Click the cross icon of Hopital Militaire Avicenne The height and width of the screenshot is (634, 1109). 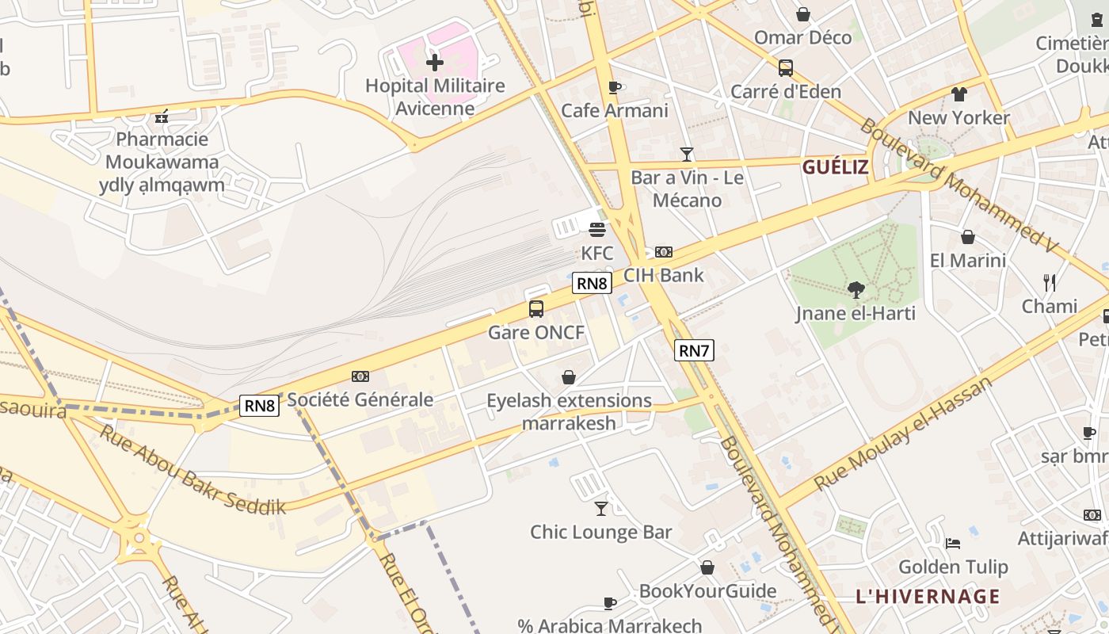[x=434, y=63]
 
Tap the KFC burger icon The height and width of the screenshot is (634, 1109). [x=597, y=230]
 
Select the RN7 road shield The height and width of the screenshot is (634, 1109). [x=694, y=350]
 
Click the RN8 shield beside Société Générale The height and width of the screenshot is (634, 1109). [x=260, y=406]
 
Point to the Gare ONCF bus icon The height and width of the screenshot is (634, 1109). [x=536, y=309]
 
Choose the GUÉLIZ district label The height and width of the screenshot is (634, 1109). [x=835, y=167]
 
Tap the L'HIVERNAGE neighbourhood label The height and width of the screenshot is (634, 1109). [x=928, y=596]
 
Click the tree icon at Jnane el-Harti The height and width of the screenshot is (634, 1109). [x=856, y=290]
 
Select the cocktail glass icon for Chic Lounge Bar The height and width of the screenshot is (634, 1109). [x=601, y=509]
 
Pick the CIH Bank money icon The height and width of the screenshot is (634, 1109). [x=664, y=252]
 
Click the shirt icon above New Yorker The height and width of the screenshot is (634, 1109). [x=959, y=94]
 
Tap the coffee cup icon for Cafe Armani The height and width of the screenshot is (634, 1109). [x=614, y=87]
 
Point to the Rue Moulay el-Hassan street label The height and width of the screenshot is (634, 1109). [x=902, y=433]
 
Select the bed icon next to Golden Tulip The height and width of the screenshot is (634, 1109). [x=953, y=544]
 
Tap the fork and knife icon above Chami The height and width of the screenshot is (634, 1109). [x=1050, y=282]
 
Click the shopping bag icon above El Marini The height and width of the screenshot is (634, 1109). [x=967, y=237]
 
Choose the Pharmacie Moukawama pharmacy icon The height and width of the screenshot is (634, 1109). [x=162, y=116]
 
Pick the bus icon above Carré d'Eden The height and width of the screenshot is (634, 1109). [x=785, y=68]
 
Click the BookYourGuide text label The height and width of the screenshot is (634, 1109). [x=707, y=591]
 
